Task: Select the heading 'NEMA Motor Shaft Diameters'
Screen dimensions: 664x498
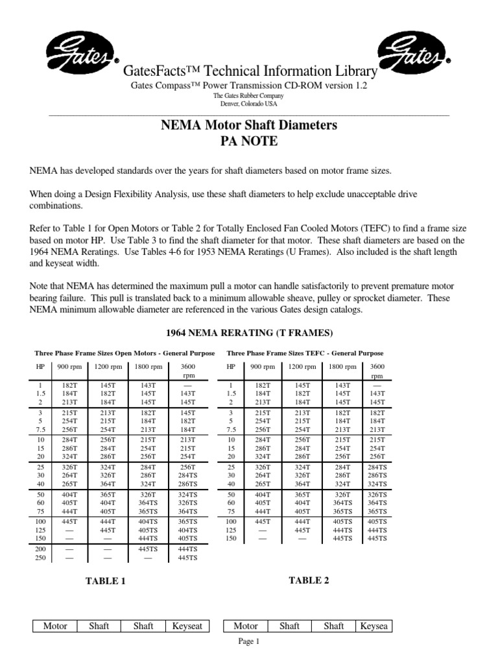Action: click(249, 125)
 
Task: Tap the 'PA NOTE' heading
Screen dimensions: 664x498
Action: click(249, 141)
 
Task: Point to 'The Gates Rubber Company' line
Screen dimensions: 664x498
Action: click(249, 96)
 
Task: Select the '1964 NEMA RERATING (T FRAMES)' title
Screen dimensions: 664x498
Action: click(249, 333)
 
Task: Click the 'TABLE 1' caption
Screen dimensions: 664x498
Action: click(106, 581)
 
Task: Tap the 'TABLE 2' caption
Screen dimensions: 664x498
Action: click(309, 580)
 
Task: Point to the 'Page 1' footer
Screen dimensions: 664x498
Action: click(249, 642)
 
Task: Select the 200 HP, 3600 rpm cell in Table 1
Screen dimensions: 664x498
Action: click(188, 549)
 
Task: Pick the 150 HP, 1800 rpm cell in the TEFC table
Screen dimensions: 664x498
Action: click(342, 538)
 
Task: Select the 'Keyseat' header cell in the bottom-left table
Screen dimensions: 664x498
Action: click(187, 626)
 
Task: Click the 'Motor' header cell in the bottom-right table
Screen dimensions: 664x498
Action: click(245, 626)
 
